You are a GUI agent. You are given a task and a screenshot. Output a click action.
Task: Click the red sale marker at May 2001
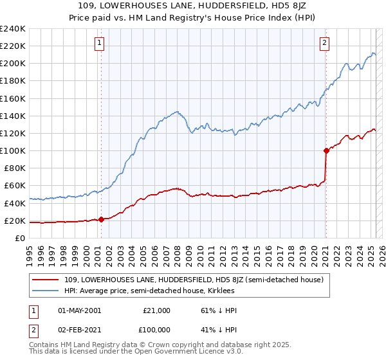coord(101,220)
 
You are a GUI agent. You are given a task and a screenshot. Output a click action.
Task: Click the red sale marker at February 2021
coord(326,150)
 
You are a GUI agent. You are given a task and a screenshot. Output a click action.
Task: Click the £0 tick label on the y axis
coord(19,239)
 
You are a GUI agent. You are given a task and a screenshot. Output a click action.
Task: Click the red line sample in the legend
coord(46,280)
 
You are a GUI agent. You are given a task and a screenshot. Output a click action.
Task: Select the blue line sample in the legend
coord(46,291)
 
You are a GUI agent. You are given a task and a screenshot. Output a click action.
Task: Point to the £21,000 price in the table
coord(157,310)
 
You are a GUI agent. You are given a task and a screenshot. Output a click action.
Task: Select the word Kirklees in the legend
coord(220,291)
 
